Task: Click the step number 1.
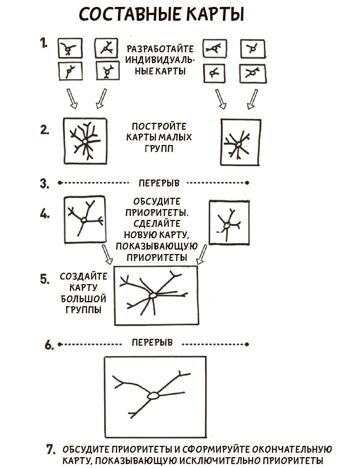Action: pyautogui.click(x=43, y=43)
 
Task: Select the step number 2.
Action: pyautogui.click(x=45, y=130)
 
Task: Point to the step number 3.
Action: pyautogui.click(x=45, y=183)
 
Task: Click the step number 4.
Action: pyautogui.click(x=45, y=214)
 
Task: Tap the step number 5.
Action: pyautogui.click(x=45, y=279)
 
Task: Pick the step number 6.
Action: pyautogui.click(x=49, y=345)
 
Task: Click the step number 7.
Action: pyautogui.click(x=51, y=449)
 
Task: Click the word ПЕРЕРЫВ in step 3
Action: pyautogui.click(x=159, y=182)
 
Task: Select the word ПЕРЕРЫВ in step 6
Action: pyautogui.click(x=152, y=342)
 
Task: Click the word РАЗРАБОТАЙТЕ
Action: pyautogui.click(x=160, y=49)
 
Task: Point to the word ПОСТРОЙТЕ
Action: pyautogui.click(x=159, y=126)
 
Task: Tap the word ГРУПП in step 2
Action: pyautogui.click(x=159, y=148)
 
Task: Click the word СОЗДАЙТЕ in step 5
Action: pyautogui.click(x=83, y=276)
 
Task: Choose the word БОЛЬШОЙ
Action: pyautogui.click(x=83, y=298)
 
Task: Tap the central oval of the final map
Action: pyautogui.click(x=153, y=396)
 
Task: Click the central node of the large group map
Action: pyautogui.click(x=153, y=295)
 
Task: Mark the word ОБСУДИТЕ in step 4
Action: pyautogui.click(x=157, y=202)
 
